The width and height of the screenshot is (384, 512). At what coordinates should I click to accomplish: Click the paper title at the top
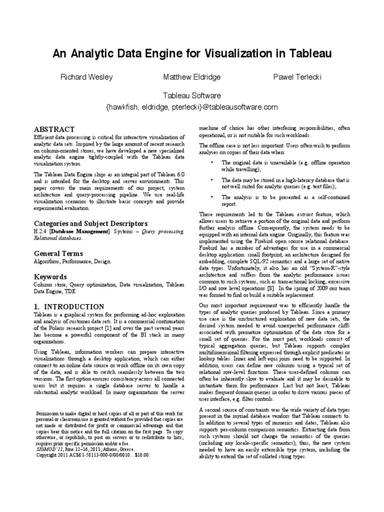[192, 53]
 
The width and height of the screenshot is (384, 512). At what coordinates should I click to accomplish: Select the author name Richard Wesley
[86, 77]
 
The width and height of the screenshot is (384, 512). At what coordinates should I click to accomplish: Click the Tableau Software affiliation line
[192, 95]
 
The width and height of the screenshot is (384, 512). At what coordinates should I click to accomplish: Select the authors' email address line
[192, 107]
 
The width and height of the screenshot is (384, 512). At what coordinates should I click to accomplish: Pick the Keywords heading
[50, 276]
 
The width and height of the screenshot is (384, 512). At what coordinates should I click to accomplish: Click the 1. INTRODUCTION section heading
[69, 306]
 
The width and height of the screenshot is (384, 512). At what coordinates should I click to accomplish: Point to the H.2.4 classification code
[40, 231]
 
